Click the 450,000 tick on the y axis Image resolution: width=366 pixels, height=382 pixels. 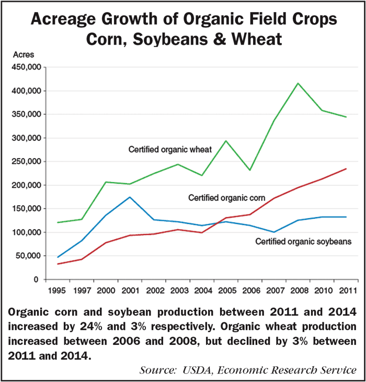click(x=25, y=68)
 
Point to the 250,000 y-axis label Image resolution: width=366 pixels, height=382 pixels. click(x=25, y=162)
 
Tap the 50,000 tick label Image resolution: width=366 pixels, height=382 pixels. click(x=27, y=256)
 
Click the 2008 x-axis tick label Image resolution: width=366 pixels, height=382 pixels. click(x=299, y=289)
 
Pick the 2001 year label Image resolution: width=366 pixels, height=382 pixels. click(x=130, y=289)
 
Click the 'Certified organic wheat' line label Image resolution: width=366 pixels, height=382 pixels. click(x=170, y=150)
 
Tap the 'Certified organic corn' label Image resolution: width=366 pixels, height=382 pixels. click(x=227, y=197)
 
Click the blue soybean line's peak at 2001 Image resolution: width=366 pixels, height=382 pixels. click(x=130, y=197)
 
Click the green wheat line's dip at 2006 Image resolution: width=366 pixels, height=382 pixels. click(x=250, y=170)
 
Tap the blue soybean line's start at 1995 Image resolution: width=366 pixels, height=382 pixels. click(x=58, y=257)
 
